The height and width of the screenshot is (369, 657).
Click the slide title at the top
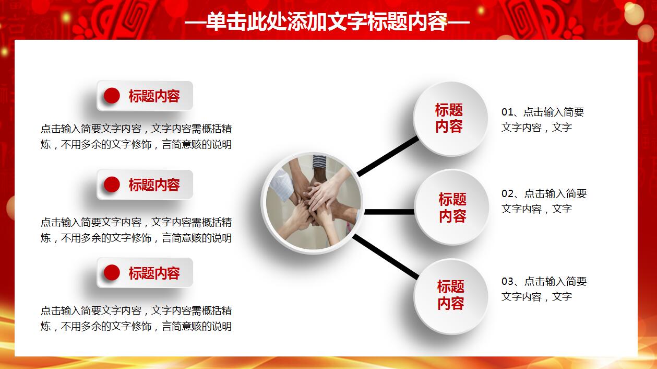[x=327, y=22]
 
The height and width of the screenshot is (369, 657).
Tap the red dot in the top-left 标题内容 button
[x=112, y=96]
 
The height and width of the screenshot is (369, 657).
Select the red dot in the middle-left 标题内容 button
[x=112, y=184]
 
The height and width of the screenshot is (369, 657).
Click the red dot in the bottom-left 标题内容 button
[x=112, y=273]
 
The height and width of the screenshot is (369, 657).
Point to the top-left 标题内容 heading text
[x=154, y=96]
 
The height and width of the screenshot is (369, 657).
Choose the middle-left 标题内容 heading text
[x=154, y=185]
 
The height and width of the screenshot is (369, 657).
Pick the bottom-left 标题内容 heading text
[x=154, y=273]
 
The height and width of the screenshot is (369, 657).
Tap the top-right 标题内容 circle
[x=450, y=118]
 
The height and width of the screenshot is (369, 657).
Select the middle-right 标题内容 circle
[x=452, y=207]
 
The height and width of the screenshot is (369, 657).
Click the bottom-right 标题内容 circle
[x=451, y=295]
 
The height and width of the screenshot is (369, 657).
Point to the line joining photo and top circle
[x=388, y=156]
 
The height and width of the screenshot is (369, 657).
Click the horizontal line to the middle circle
[x=389, y=212]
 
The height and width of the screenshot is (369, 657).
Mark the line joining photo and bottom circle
[x=386, y=257]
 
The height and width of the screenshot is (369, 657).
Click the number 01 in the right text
[x=508, y=112]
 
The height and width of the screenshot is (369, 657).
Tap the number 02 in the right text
[x=508, y=194]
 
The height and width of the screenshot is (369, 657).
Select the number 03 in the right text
[x=508, y=282]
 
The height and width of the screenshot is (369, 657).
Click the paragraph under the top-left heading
[x=136, y=136]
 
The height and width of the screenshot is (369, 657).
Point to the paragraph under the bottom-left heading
[x=136, y=318]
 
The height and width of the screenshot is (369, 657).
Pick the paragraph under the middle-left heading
[x=136, y=230]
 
